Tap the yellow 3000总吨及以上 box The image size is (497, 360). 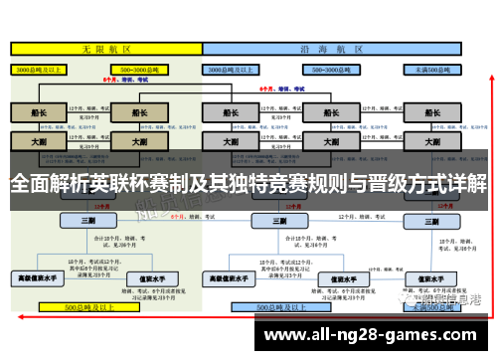pos(39,70)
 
